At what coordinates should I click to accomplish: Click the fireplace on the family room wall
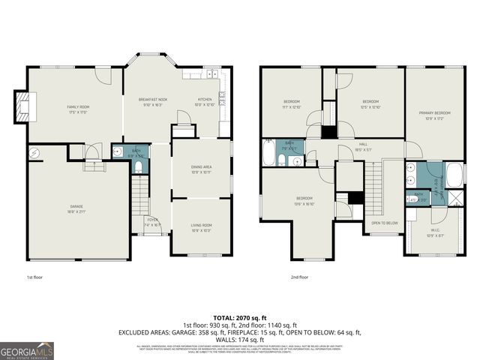25,107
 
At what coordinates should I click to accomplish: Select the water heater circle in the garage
34,154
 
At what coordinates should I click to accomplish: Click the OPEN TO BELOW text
384,223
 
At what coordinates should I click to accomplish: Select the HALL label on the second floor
362,145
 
